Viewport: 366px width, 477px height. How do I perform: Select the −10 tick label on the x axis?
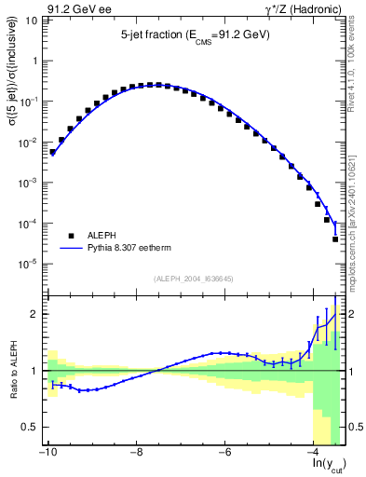[47, 454]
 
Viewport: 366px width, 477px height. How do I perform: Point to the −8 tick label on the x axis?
[137, 454]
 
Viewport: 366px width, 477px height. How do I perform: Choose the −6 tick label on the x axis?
[225, 454]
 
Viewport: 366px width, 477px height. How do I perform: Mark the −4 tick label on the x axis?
[314, 454]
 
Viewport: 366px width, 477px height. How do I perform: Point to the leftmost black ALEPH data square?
[53, 152]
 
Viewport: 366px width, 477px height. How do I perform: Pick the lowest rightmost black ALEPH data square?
[335, 239]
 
